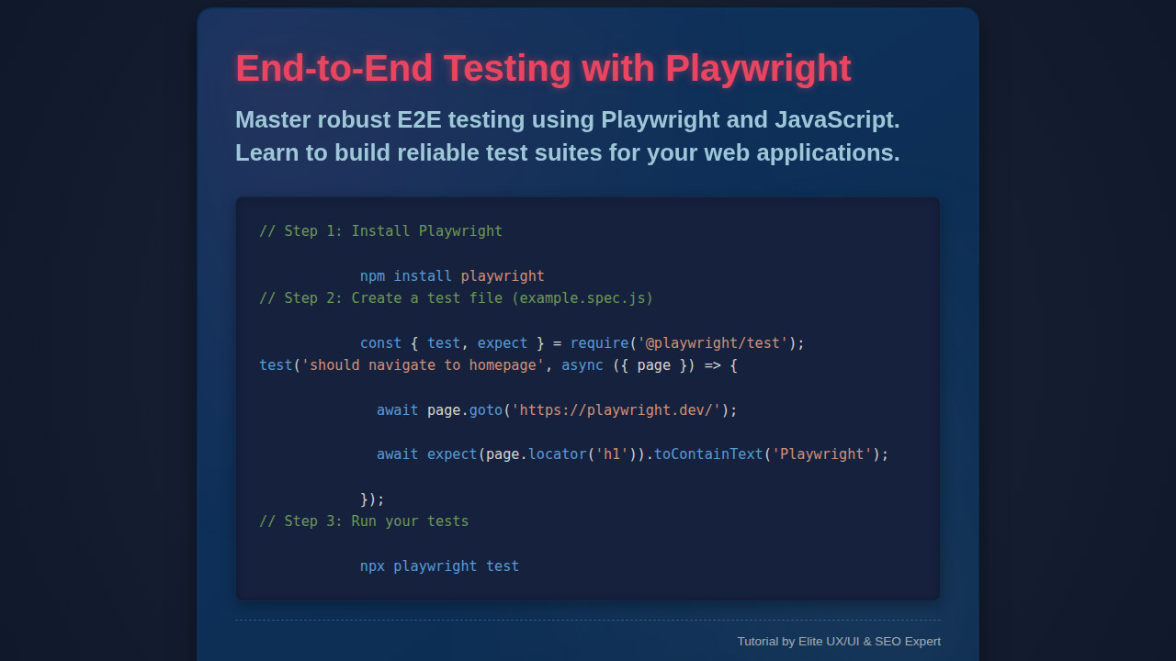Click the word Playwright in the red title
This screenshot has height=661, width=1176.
758,69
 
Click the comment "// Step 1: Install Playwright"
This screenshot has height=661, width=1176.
380,231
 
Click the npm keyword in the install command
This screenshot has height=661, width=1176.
372,276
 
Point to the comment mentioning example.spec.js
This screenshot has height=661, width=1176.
456,298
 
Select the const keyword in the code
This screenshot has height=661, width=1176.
380,343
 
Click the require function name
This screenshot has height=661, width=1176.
599,343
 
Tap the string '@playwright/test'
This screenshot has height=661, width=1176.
712,343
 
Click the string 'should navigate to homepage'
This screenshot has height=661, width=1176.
423,365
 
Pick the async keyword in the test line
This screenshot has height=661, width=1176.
582,365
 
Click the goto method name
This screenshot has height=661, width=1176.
485,410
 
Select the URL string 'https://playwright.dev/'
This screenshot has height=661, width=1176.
616,410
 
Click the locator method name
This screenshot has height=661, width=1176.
557,454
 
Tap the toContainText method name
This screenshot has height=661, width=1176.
708,454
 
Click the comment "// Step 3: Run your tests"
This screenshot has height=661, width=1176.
364,521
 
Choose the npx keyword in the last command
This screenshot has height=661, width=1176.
372,566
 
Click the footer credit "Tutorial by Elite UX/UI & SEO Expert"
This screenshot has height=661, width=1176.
838,642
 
